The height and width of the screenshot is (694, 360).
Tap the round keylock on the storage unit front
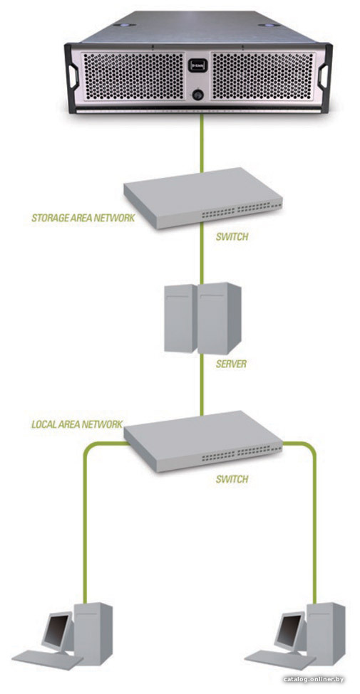197,94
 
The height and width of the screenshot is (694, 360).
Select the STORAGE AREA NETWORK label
83,218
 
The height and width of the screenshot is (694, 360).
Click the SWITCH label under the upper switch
232,237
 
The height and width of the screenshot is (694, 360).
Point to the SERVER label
231,364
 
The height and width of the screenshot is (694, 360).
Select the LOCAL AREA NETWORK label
77,424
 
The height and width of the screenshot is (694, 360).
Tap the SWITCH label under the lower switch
232,479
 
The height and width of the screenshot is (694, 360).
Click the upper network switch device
203,198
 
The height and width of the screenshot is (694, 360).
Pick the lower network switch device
203,441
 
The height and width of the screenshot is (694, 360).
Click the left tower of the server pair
180,318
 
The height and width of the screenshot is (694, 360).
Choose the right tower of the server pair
220,317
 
